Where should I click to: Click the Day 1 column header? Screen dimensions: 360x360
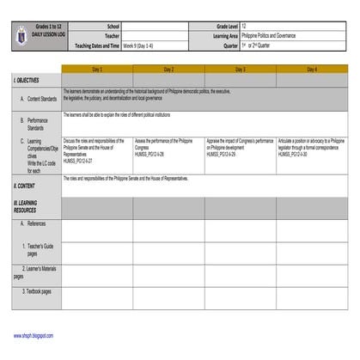[x=97, y=68]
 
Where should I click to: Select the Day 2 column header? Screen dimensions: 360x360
[x=168, y=68]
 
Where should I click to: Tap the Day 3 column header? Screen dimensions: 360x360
[x=240, y=68]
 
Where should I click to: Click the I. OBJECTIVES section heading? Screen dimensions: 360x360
[x=27, y=78]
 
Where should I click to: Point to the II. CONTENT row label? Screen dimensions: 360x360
[x=25, y=185]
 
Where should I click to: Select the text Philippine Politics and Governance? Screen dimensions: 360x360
[x=267, y=37]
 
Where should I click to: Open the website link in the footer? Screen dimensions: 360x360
[x=33, y=335]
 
